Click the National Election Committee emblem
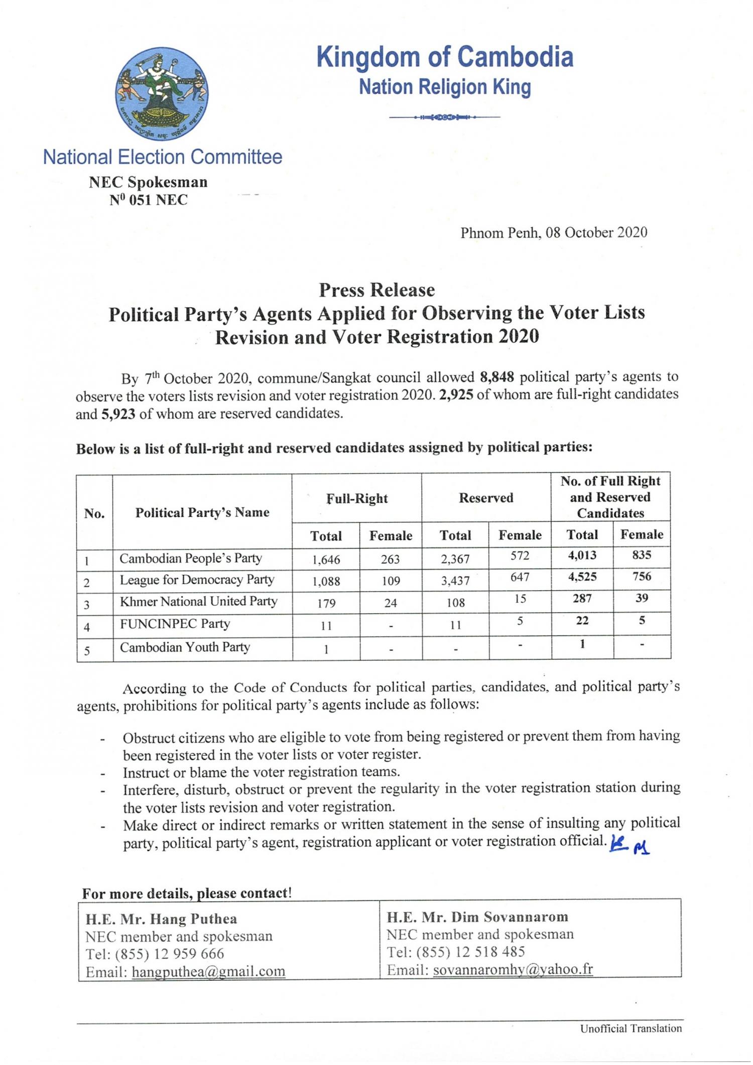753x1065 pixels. click(x=162, y=93)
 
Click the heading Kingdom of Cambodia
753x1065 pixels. click(x=444, y=57)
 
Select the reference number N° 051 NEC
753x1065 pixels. click(x=149, y=200)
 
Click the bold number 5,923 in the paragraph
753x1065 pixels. click(x=118, y=414)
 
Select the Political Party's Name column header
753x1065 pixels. click(x=202, y=512)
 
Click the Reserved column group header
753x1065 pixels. click(x=486, y=498)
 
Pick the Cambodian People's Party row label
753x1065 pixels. click(x=190, y=558)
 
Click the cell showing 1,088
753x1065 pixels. click(x=326, y=581)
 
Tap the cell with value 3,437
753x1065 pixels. click(x=455, y=581)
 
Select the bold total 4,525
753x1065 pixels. click(x=582, y=577)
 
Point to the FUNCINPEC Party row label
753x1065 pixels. click(x=175, y=624)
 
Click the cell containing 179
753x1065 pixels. click(x=326, y=603)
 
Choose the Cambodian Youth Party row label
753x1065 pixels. click(x=184, y=647)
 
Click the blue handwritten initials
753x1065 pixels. click(x=629, y=846)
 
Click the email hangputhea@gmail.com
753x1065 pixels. click(x=208, y=972)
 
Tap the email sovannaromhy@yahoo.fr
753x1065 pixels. click(x=513, y=969)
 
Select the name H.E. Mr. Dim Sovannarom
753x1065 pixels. click(x=477, y=917)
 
